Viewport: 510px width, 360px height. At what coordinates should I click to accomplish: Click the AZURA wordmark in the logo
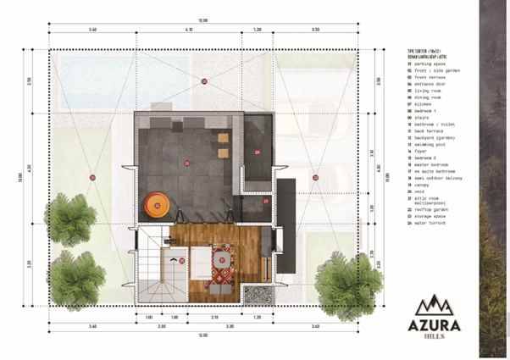[x=438, y=324]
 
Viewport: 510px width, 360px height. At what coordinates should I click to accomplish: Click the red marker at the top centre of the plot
[x=204, y=81]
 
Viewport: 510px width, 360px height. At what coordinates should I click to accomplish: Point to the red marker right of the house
[x=314, y=177]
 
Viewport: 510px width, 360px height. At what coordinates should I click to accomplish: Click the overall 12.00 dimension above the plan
[x=203, y=19]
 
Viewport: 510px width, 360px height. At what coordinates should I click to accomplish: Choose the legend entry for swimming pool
[x=426, y=146]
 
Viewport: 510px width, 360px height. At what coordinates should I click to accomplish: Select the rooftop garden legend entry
[x=428, y=211]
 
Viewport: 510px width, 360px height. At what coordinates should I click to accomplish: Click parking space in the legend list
[x=426, y=62]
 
